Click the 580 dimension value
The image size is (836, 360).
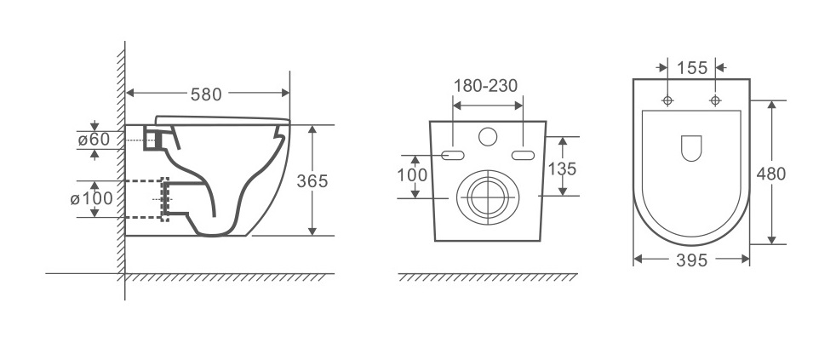pos(206,94)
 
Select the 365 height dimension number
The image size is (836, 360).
pos(312,181)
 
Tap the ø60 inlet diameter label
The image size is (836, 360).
pos(94,140)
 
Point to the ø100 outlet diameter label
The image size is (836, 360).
pos(91,198)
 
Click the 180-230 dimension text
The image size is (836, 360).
pos(486,85)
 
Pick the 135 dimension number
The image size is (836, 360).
pos(563,169)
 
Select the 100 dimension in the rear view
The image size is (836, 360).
pos(412,175)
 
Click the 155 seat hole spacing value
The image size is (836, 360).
pos(692,68)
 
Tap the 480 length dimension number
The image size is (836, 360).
pos(771,174)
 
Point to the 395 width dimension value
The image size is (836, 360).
pos(691,260)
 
